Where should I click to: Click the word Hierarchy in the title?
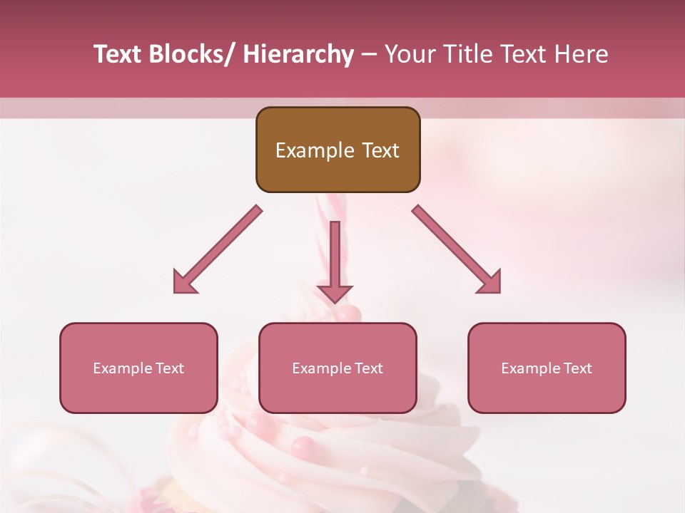point(298,55)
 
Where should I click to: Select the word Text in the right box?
point(577,368)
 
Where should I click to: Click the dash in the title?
point(369,55)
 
